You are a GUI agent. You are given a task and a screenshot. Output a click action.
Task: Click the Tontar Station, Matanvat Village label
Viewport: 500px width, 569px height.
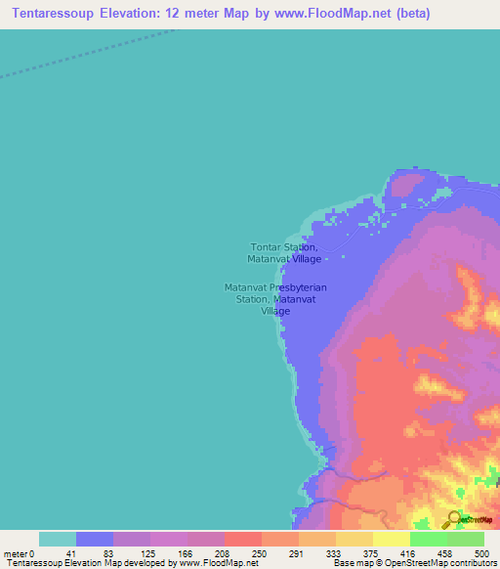284,253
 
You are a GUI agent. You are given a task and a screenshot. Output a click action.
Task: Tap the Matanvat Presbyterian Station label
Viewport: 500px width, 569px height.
275,298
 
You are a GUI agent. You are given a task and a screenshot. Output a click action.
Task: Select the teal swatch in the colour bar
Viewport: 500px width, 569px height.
58,539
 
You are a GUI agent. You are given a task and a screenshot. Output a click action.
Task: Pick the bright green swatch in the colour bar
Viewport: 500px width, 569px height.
429,539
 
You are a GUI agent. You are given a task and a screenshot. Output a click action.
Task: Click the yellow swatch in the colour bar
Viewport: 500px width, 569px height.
392,539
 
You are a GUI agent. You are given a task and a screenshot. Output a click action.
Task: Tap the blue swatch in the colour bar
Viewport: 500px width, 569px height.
95,539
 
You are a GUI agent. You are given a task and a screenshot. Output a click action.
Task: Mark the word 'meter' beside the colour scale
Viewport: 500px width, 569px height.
15,553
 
